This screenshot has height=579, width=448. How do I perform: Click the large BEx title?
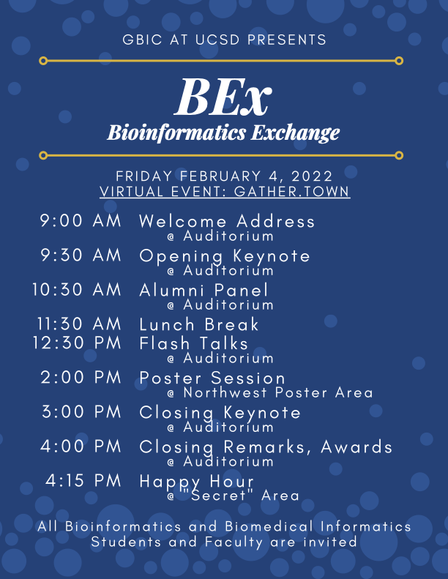point(223,97)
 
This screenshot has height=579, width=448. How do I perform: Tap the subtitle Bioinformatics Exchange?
point(223,133)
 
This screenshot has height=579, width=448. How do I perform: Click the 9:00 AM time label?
point(81,221)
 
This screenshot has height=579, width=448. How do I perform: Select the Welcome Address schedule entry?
point(227,221)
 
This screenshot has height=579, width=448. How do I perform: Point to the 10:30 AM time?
point(77,290)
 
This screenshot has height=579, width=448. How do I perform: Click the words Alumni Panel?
point(204,290)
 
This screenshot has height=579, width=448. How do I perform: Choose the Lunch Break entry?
point(199,324)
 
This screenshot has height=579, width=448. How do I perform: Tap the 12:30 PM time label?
point(77,343)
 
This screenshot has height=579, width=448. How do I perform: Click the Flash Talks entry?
point(193,343)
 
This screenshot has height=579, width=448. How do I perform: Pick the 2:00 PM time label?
point(81,378)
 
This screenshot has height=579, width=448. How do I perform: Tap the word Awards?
point(356,447)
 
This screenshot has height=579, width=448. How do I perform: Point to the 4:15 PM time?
point(83,480)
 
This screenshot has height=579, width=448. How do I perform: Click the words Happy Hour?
point(197,482)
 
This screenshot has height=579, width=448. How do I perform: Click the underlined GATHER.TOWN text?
point(292,192)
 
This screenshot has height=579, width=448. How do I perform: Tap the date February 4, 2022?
point(256,176)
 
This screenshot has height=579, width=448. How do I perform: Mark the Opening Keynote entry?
point(225,257)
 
